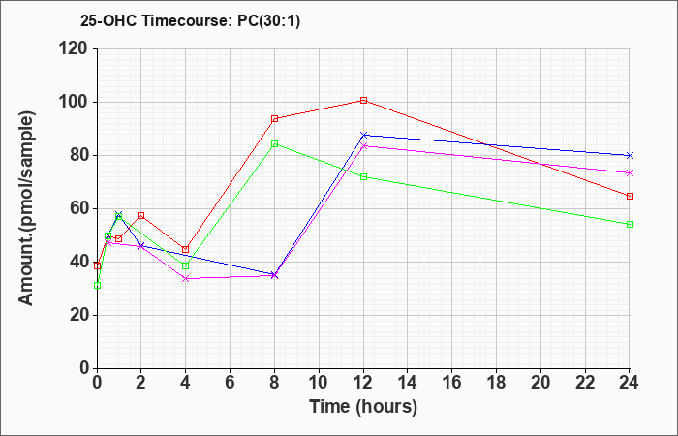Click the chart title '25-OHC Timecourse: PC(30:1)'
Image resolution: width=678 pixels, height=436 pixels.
pyautogui.click(x=190, y=21)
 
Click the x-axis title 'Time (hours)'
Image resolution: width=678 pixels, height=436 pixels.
pyautogui.click(x=363, y=407)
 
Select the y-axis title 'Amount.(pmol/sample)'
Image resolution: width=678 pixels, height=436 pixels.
pyautogui.click(x=26, y=208)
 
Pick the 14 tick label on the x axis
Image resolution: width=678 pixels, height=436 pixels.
pyautogui.click(x=408, y=383)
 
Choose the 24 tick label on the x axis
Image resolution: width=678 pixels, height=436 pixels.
pyautogui.click(x=630, y=383)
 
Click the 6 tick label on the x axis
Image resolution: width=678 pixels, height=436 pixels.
pyautogui.click(x=231, y=383)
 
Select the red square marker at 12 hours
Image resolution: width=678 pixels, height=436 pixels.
pyautogui.click(x=363, y=101)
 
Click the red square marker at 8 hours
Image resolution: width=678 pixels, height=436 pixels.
pyautogui.click(x=274, y=119)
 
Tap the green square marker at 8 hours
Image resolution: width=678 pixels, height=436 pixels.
pyautogui.click(x=274, y=144)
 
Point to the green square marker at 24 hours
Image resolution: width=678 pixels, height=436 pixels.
pyautogui.click(x=630, y=225)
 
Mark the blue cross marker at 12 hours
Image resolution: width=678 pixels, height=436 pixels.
pyautogui.click(x=363, y=136)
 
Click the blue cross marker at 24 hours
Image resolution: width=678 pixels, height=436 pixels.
pyautogui.click(x=630, y=155)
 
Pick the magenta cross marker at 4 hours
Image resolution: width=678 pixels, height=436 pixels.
pyautogui.click(x=186, y=279)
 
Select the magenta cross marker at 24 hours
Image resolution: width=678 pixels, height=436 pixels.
pyautogui.click(x=630, y=173)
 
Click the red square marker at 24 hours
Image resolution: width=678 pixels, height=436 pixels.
pyautogui.click(x=630, y=197)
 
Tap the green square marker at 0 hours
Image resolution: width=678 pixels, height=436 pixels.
pyautogui.click(x=97, y=286)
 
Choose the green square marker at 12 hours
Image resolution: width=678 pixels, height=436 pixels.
pyautogui.click(x=363, y=177)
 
